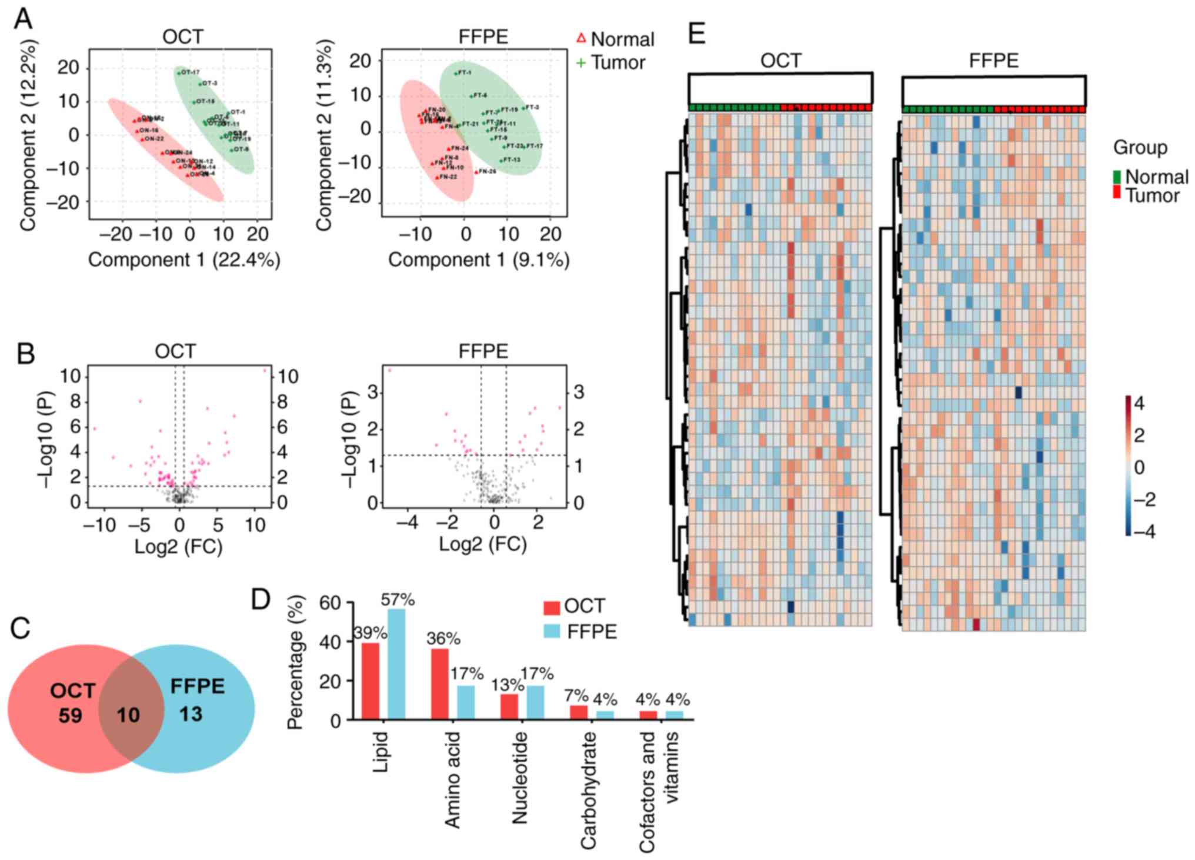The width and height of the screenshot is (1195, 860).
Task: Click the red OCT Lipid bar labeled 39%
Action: tap(370, 680)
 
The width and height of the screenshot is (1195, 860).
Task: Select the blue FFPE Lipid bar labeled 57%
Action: tap(396, 664)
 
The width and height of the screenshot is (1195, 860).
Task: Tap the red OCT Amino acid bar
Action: tap(439, 683)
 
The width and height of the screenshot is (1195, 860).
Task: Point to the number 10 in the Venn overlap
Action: tap(128, 715)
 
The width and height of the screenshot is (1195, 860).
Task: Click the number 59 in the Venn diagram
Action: tap(70, 715)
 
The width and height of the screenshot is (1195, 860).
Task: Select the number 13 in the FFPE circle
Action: tap(191, 714)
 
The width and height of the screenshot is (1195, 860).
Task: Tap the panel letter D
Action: tap(260, 599)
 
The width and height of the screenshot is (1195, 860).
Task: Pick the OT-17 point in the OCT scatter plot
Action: tap(179, 73)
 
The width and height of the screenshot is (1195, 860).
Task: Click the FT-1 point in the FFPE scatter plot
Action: tap(456, 74)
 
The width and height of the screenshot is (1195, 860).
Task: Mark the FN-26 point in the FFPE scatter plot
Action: tap(476, 172)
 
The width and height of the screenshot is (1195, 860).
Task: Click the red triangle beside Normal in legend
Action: tap(581, 39)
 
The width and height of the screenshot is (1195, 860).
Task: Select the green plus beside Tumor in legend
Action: tap(581, 62)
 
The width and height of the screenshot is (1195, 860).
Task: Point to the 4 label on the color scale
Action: tap(1139, 404)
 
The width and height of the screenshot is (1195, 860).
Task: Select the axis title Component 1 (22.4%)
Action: tap(184, 260)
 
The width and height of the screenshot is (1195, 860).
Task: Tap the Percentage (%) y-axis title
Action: tap(295, 662)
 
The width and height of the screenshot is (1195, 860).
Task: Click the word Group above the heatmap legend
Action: tap(1140, 147)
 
